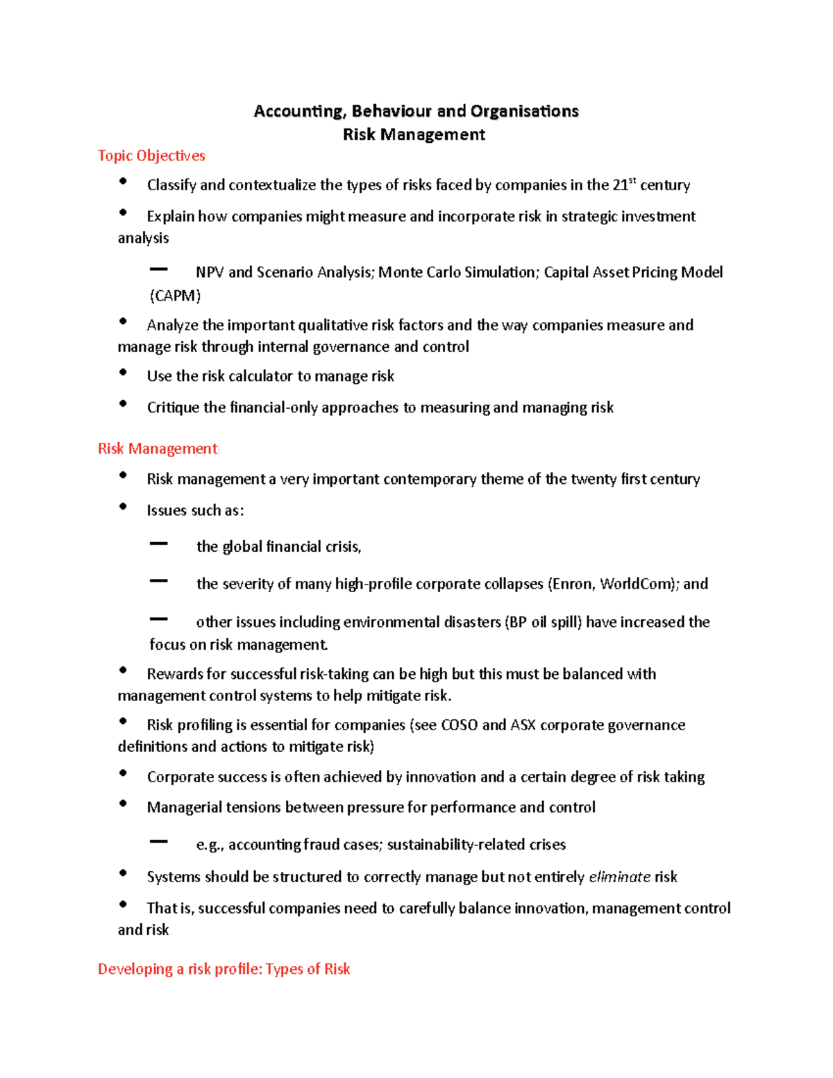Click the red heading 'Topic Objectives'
(151, 155)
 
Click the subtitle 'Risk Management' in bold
(414, 135)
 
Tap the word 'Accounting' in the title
(298, 111)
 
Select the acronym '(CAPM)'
(176, 296)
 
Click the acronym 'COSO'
(460, 725)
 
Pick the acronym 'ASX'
(523, 725)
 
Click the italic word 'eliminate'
(619, 877)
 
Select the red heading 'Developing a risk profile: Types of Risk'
(224, 969)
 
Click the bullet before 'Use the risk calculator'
(123, 373)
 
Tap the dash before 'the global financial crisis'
(159, 544)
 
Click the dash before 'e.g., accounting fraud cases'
(159, 841)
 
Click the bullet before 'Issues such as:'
(123, 507)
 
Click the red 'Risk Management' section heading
(158, 449)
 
